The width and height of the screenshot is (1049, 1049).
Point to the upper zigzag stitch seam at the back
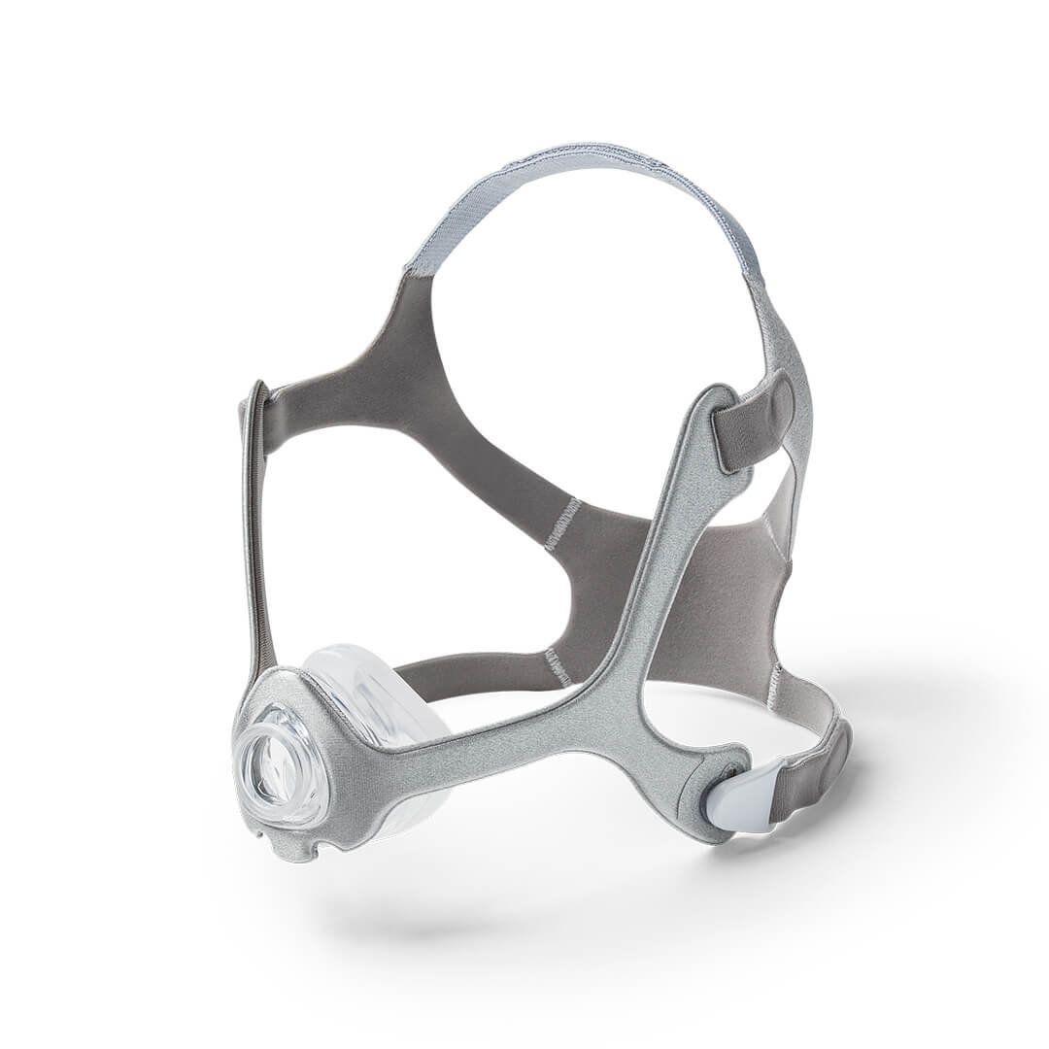(x=561, y=524)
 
